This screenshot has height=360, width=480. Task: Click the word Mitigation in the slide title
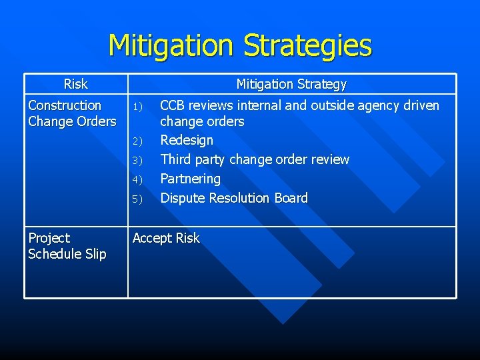click(x=172, y=45)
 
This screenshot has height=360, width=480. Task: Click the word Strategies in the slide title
click(x=307, y=45)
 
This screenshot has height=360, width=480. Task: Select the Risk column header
click(x=75, y=84)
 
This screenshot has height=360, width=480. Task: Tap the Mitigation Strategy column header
click(x=291, y=84)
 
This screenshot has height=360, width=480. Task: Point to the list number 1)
click(x=138, y=107)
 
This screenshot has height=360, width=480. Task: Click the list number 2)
click(x=138, y=141)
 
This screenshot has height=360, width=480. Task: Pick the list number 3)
click(x=138, y=161)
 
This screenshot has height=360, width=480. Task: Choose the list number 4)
click(x=138, y=180)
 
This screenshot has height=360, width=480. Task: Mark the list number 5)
click(x=138, y=199)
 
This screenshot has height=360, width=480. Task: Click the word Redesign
click(x=187, y=140)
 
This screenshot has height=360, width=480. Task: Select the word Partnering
click(x=190, y=179)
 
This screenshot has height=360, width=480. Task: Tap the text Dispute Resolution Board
click(x=234, y=198)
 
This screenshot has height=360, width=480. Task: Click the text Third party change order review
click(x=255, y=159)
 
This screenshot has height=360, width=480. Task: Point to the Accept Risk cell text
click(x=166, y=238)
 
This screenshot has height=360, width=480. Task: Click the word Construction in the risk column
click(x=65, y=105)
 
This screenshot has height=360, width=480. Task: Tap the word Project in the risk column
click(x=49, y=238)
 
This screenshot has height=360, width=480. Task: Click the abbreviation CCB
click(x=173, y=105)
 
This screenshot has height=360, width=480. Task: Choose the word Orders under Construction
click(x=96, y=121)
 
